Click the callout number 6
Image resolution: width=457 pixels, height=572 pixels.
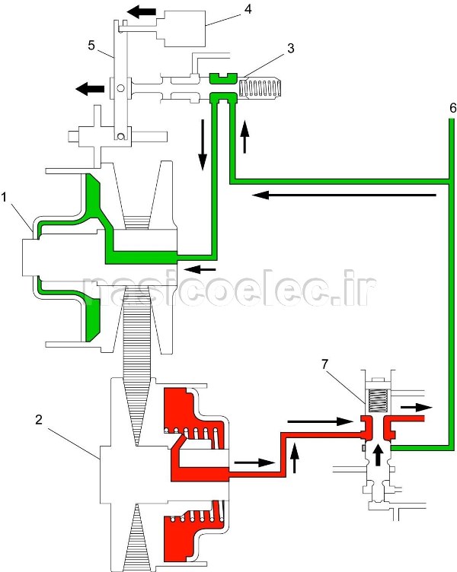click(x=452, y=108)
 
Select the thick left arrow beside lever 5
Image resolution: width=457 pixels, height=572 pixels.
click(x=90, y=89)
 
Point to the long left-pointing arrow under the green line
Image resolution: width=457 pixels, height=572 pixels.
click(x=344, y=195)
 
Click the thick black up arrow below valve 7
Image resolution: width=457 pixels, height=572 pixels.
click(x=378, y=454)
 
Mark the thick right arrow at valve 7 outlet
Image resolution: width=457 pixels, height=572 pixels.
click(x=416, y=407)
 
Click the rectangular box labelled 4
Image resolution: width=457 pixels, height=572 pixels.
click(x=183, y=28)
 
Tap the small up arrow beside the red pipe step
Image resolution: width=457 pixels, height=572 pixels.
click(x=296, y=458)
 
